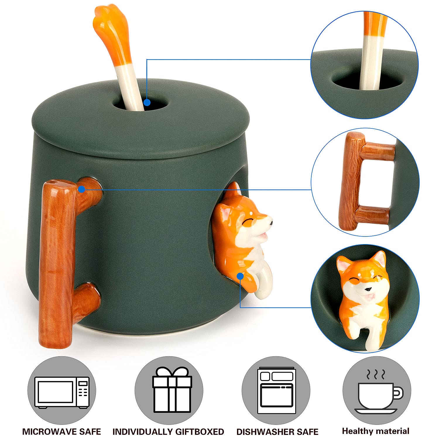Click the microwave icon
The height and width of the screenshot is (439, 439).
click(x=62, y=392)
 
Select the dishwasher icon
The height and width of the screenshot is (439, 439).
click(x=277, y=391)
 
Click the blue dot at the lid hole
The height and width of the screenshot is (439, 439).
click(x=147, y=103)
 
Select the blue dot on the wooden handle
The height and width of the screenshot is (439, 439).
click(x=82, y=189)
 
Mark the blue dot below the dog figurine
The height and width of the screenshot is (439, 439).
click(x=240, y=276)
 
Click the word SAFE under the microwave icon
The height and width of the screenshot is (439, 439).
click(x=89, y=431)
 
